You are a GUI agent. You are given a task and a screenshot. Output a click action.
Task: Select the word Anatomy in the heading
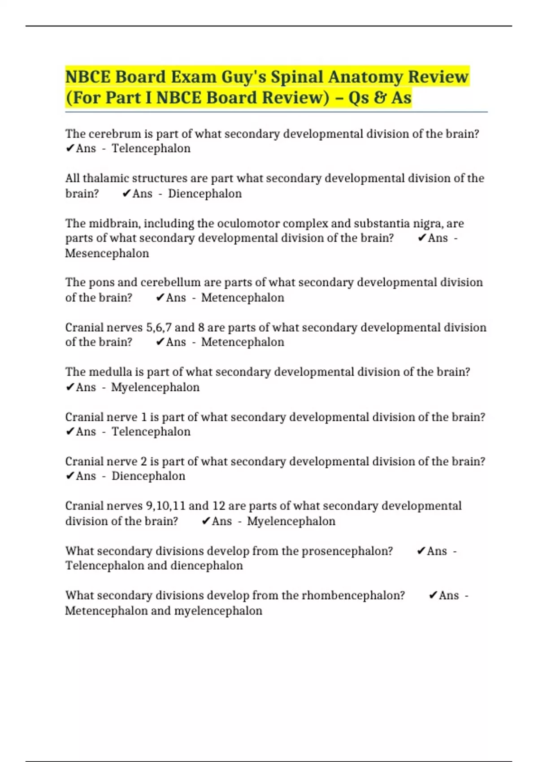tap(366, 77)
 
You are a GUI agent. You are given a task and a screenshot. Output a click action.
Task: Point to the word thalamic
tap(106, 178)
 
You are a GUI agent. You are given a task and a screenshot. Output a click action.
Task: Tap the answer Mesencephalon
tap(107, 253)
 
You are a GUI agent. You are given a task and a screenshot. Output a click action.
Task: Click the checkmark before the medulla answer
tap(70, 387)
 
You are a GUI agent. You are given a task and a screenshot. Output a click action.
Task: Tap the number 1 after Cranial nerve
tap(144, 417)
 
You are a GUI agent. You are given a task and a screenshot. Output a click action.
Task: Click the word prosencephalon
tap(347, 551)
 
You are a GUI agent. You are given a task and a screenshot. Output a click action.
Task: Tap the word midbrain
tap(114, 223)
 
